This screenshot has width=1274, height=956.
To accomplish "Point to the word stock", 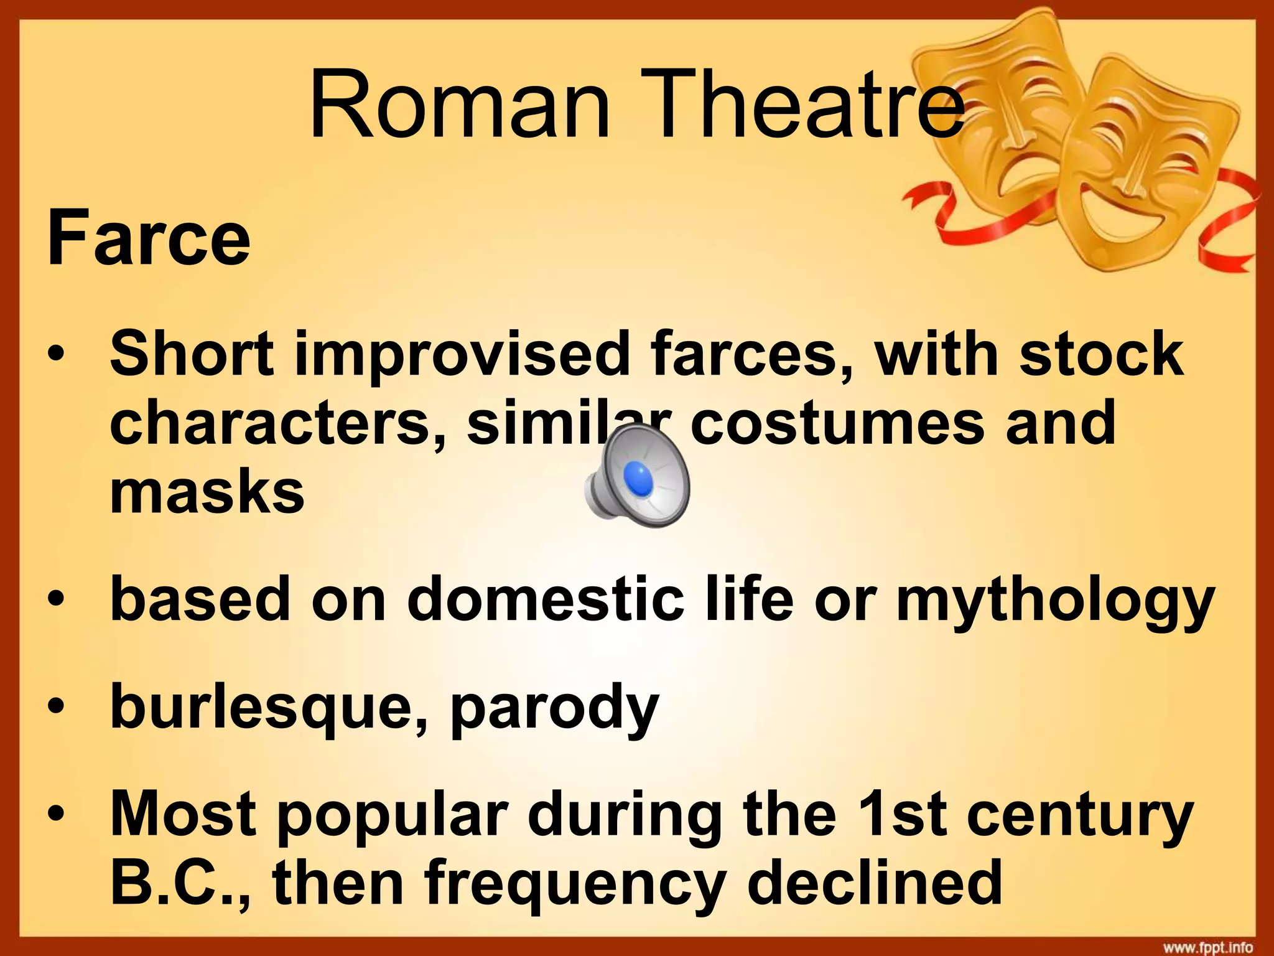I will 1100,353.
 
